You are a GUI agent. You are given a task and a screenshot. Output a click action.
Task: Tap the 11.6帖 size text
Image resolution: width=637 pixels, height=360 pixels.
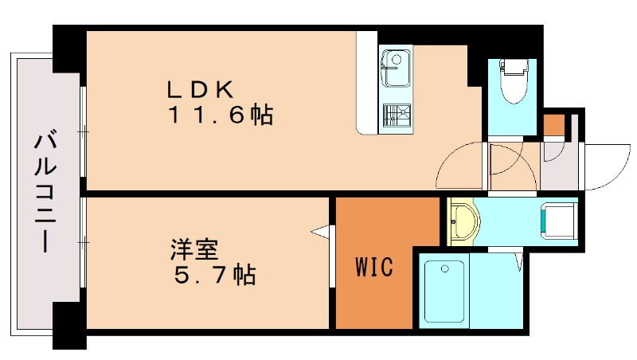tap(220, 115)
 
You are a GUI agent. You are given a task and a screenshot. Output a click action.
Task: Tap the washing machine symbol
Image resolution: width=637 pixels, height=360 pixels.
tap(557, 220)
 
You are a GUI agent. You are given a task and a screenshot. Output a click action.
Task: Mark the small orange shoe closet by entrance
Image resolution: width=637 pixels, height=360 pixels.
tap(553, 125)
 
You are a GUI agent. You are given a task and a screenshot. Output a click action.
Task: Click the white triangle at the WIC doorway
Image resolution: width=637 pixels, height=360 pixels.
tap(322, 232)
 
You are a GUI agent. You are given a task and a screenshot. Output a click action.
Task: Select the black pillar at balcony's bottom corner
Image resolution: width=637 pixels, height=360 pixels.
tap(69, 326)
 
